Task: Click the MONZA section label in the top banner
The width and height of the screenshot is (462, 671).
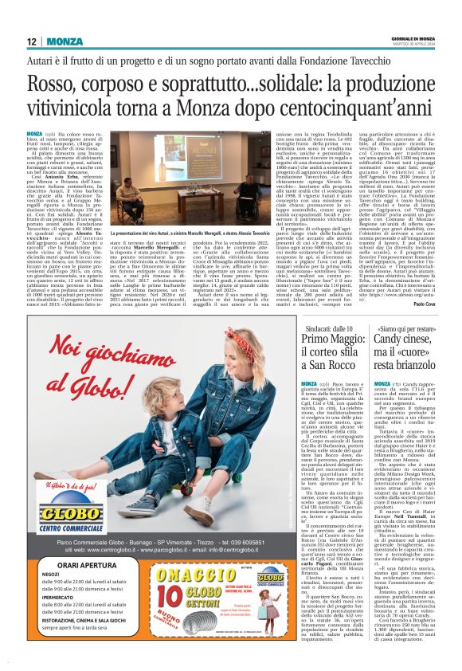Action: pos(64,41)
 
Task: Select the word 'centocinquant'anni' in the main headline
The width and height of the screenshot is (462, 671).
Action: pos(373,108)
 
